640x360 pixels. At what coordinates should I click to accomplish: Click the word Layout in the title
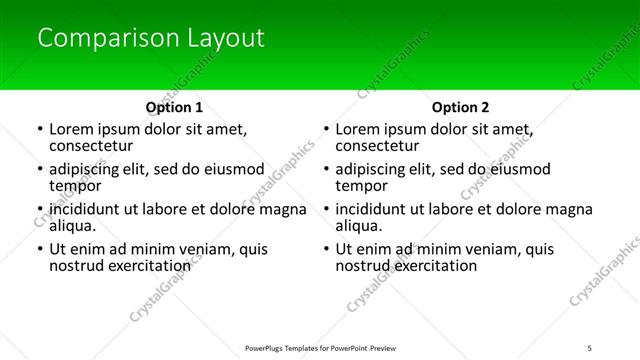tap(225, 39)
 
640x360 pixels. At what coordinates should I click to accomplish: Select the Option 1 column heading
tap(174, 106)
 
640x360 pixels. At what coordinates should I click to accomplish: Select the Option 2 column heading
tap(460, 106)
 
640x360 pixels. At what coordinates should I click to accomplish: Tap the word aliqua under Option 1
tap(72, 226)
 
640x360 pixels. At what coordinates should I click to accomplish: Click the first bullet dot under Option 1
tap(39, 130)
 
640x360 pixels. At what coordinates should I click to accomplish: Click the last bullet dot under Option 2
tap(325, 250)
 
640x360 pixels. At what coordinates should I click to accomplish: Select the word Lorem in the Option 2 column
tap(357, 129)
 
